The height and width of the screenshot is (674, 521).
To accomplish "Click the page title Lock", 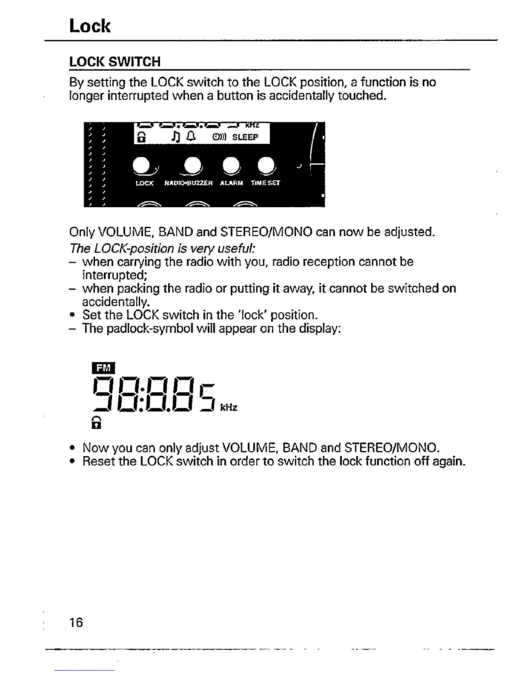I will pos(90,26).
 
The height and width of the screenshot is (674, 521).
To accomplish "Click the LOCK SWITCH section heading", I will pos(115,62).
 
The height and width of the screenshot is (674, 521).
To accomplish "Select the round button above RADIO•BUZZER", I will pos(192,166).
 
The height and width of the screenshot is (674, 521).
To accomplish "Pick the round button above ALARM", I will pos(230,166).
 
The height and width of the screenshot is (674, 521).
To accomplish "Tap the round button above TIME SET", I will pos(265,166).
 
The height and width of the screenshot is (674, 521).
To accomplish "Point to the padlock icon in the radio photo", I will pos(140,137).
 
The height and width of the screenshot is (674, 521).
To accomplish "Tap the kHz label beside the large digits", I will pos(229,408).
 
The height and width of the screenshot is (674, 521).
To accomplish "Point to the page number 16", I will pos(77,623).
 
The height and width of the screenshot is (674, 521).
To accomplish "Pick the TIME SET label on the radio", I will pos(265,183).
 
